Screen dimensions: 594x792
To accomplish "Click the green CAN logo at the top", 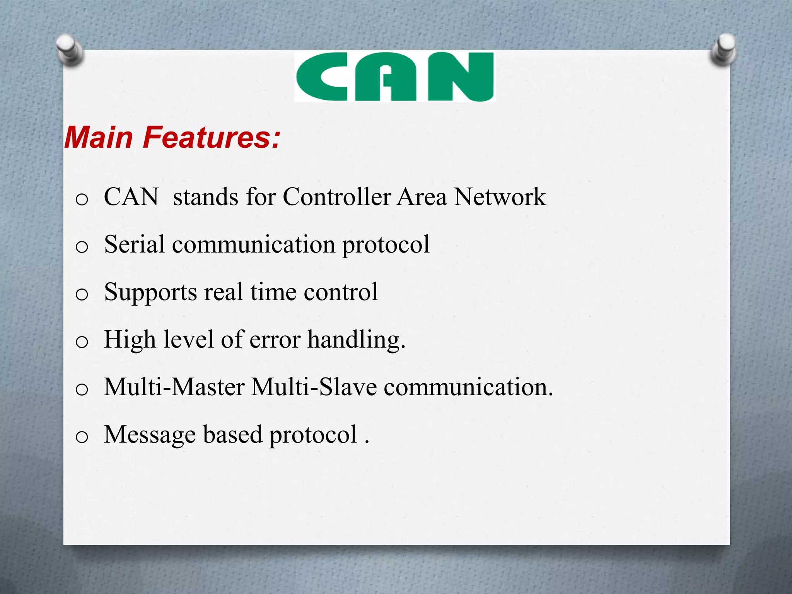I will (x=394, y=77).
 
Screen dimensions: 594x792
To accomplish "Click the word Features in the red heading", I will (x=211, y=138).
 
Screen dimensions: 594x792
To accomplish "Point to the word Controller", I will (x=337, y=197).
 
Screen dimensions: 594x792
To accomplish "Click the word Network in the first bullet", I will (x=499, y=197).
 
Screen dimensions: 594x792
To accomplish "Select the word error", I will (x=275, y=340).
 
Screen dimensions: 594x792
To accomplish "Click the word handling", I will (x=356, y=340).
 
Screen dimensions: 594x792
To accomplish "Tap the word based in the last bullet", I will (x=232, y=434).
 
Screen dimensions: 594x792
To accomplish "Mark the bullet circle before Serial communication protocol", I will (x=82, y=247).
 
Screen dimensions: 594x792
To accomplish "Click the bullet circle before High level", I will (x=82, y=342).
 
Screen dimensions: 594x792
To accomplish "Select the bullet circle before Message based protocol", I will (x=82, y=437).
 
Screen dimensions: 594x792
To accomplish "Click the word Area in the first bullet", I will (x=422, y=197).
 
